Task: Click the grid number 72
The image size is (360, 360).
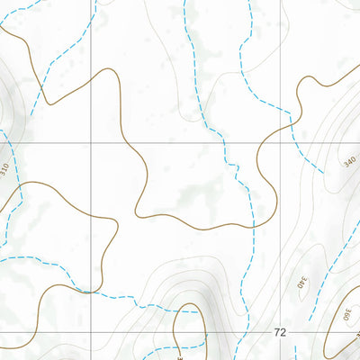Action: point(280,332)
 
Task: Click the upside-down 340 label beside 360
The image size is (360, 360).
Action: point(302,287)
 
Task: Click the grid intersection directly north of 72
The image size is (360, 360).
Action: point(280,141)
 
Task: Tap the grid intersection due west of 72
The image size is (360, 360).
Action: point(92,332)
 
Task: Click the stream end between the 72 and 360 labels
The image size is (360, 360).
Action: point(310,320)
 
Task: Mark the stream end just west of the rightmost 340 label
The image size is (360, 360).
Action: point(322,171)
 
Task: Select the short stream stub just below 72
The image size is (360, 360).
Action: point(270,346)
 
